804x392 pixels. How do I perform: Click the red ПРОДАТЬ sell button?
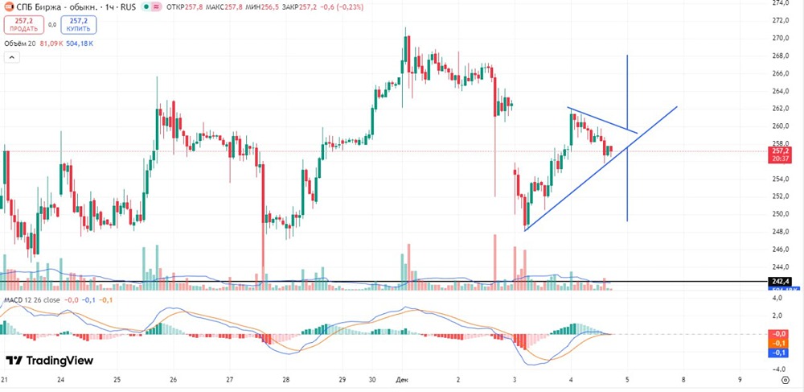[x=24, y=24]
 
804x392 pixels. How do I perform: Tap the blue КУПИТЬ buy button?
[x=78, y=24]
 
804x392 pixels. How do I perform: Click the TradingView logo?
[x=50, y=361]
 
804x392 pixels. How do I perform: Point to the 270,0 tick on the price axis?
[x=779, y=38]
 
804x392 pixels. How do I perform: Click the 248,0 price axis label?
[x=779, y=232]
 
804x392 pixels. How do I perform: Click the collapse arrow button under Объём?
[x=12, y=57]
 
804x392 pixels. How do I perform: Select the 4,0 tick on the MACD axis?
[x=777, y=299]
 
